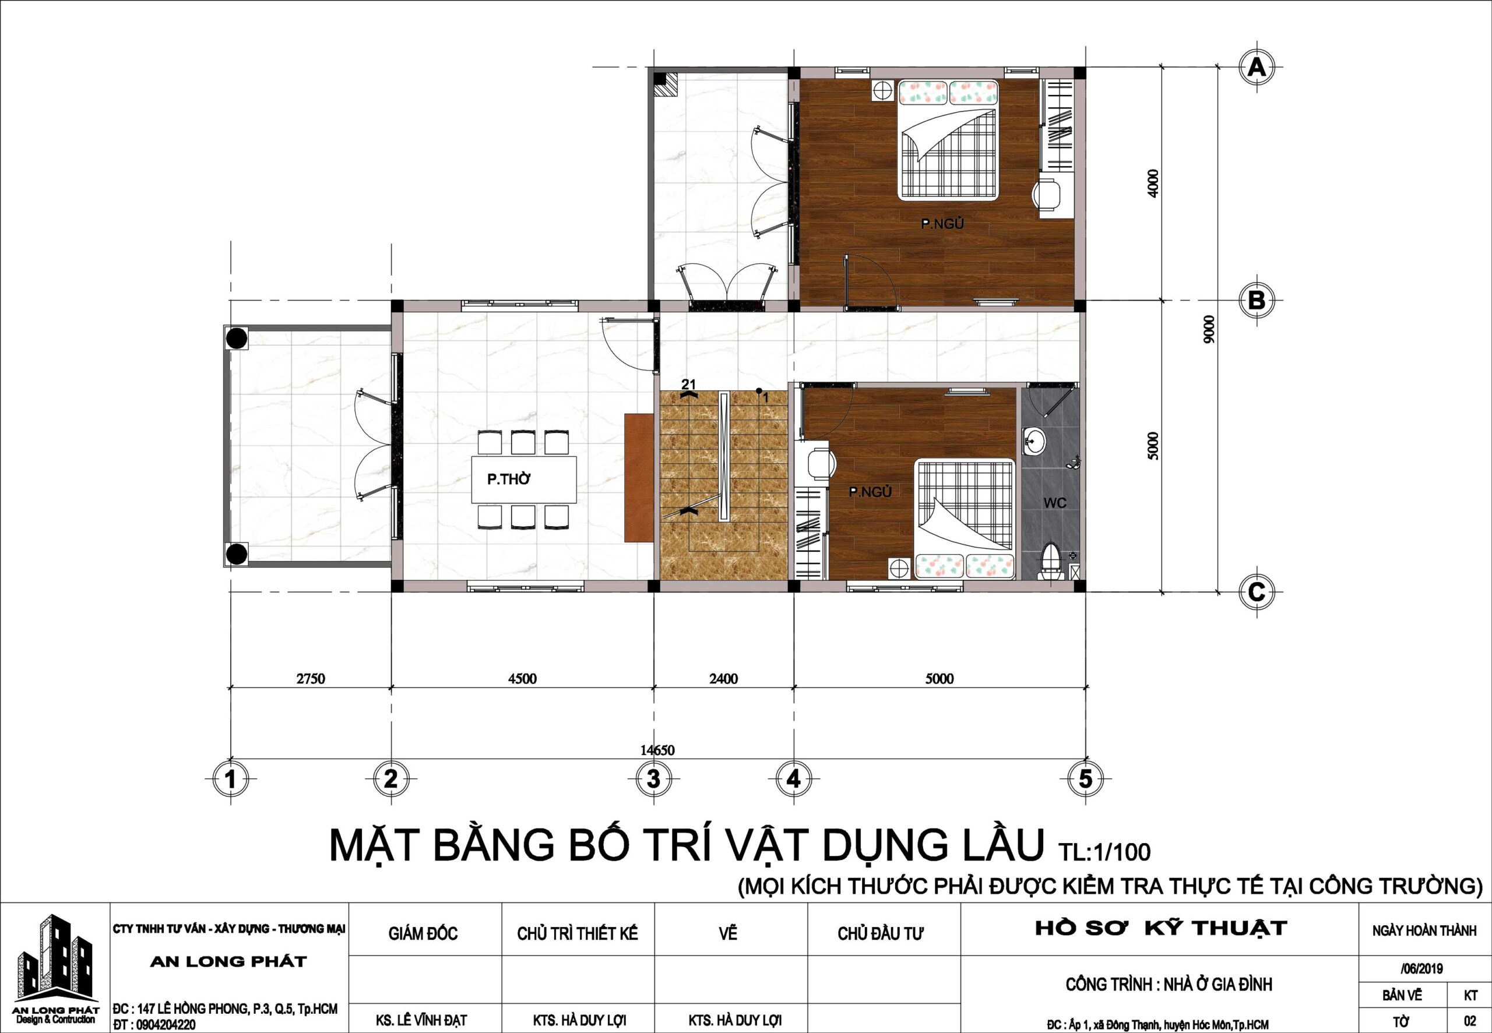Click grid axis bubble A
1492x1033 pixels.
coord(1257,68)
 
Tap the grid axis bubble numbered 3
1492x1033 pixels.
coord(654,778)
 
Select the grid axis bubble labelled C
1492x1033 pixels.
coord(1257,592)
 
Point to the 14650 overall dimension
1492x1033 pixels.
coord(657,750)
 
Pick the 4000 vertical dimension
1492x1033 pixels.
coord(1152,183)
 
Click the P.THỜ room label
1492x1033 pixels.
coord(509,480)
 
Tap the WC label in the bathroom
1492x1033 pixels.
coord(1054,503)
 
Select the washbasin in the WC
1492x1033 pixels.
coord(1034,443)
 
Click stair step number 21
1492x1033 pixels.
coord(688,385)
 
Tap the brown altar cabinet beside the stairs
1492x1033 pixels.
coord(638,477)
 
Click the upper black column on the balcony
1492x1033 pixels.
coord(237,338)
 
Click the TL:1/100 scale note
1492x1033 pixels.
coord(1104,851)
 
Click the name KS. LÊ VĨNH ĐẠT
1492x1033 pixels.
coord(421,1021)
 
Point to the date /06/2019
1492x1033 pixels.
coord(1421,969)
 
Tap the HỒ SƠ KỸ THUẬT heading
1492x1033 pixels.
coord(1160,928)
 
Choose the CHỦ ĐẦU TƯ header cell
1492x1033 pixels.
coord(880,934)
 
